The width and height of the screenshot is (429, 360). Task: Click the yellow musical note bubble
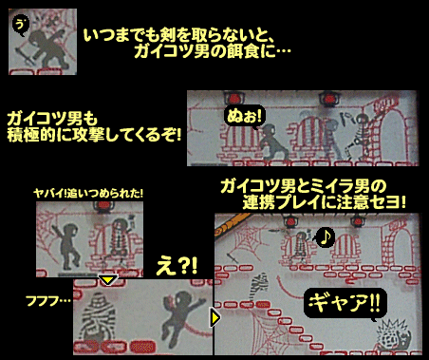click(324, 237)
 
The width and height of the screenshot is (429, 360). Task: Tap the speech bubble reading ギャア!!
click(345, 303)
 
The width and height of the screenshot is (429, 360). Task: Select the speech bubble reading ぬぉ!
click(244, 116)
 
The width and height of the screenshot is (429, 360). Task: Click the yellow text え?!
click(177, 266)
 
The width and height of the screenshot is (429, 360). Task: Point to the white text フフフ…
click(48, 300)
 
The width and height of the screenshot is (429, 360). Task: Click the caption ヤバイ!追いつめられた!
click(88, 193)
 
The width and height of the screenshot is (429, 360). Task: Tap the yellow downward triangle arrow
click(108, 280)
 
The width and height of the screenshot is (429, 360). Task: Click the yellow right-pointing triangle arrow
click(215, 317)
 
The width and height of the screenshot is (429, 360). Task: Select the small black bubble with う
click(21, 25)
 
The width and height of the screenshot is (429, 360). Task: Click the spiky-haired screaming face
click(393, 335)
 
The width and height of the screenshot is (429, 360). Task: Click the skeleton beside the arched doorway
click(358, 136)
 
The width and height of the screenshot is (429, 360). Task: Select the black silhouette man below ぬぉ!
click(272, 142)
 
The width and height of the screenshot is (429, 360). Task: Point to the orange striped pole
click(232, 224)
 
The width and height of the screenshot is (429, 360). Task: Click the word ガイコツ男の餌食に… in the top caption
click(212, 51)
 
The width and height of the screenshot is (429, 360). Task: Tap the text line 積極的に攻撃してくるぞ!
click(94, 135)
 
